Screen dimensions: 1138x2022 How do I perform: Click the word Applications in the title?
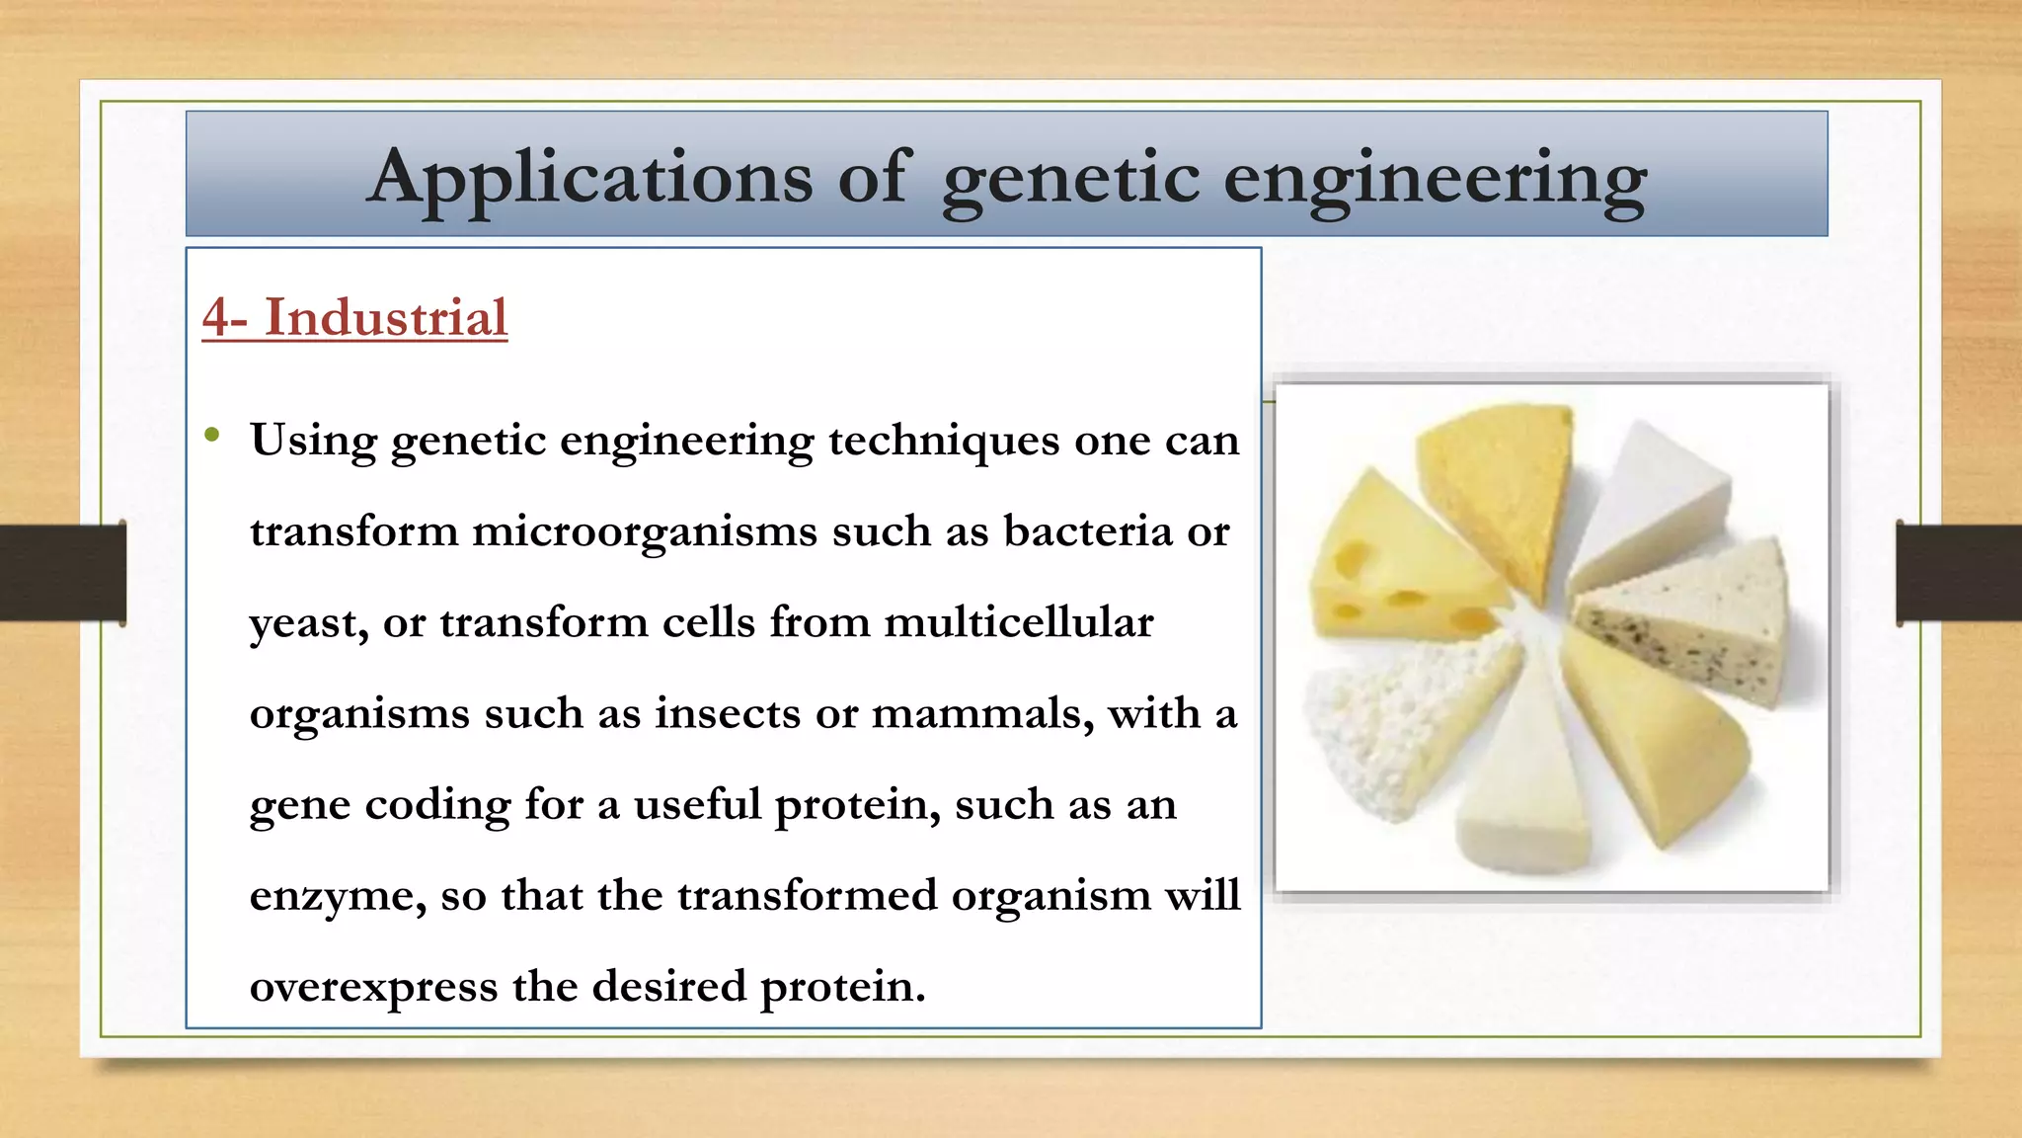[x=589, y=178]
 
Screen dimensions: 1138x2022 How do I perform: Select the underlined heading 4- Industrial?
[x=354, y=318]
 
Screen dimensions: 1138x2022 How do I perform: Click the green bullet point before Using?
[x=211, y=435]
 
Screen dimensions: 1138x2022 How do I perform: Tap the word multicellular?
[x=1018, y=622]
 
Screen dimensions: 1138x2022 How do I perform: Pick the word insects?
[x=727, y=713]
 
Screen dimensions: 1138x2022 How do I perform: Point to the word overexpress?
[x=373, y=987]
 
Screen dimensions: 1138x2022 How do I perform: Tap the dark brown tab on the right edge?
[x=1959, y=573]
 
